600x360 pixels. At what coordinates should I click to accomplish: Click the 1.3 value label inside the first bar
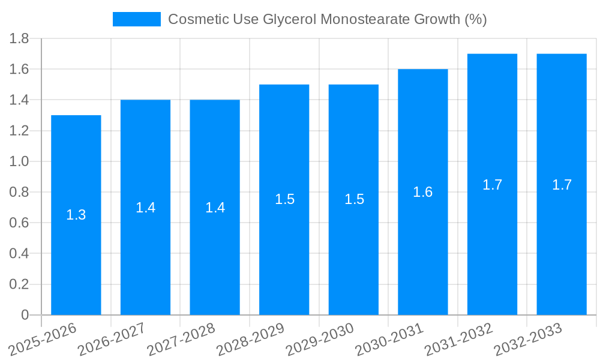tap(76, 215)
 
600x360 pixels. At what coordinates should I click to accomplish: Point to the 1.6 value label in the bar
tap(423, 192)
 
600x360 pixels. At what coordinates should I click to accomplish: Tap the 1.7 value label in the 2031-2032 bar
tap(493, 185)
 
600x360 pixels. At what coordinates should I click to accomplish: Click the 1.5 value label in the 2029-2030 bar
tap(354, 199)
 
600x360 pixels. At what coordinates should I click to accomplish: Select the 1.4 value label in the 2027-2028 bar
tap(215, 208)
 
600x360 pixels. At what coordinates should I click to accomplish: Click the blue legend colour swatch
tap(137, 19)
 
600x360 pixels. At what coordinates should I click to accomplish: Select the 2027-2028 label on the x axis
tap(181, 340)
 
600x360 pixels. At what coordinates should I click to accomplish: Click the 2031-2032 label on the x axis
tap(459, 340)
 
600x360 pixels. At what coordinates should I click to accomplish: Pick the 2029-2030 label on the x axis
tap(320, 340)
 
